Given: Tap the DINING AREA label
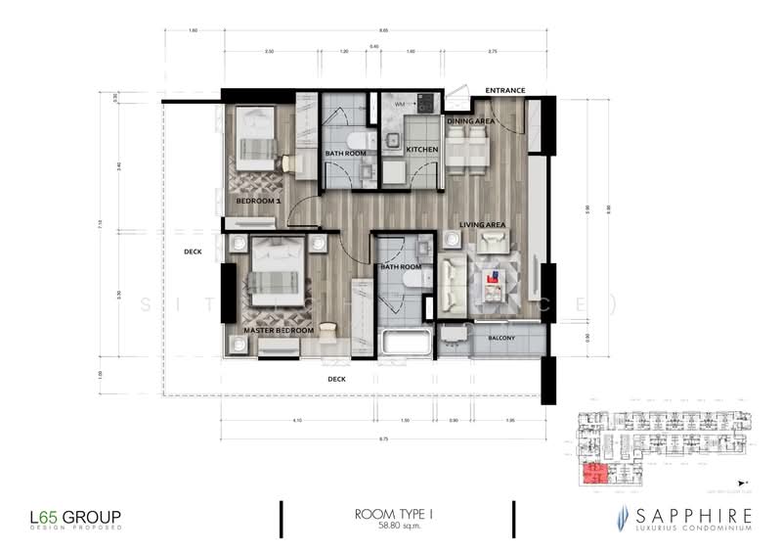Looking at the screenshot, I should pos(470,121).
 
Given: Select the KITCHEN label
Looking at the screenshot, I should pos(422,150).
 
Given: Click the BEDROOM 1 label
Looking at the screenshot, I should pos(258,202).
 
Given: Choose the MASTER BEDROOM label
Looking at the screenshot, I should pos(279,331).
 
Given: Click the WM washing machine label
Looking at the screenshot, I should pos(400,103).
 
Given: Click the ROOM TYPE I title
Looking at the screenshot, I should pos(396,513).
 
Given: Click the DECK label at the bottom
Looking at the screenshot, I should pos(336,379).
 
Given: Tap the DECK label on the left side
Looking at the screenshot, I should pos(192,252).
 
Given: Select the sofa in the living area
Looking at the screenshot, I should pos(454,284).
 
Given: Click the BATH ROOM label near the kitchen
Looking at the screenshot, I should pos(345,154).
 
